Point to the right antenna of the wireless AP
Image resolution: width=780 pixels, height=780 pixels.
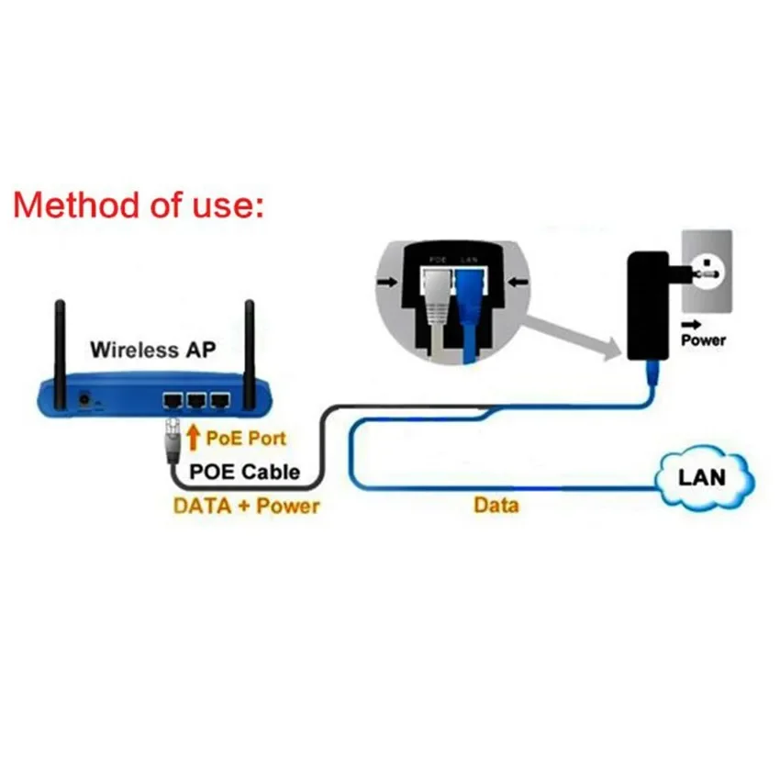point(248,349)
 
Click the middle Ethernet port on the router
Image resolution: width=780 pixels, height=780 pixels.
point(195,400)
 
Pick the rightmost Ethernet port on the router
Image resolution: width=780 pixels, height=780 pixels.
point(218,400)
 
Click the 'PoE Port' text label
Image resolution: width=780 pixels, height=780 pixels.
point(245,439)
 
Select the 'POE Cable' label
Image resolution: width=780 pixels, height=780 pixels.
point(244,472)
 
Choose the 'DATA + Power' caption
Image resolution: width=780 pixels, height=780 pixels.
point(246,505)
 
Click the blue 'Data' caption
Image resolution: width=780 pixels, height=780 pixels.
point(496,505)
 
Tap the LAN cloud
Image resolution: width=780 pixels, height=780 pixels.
point(702,477)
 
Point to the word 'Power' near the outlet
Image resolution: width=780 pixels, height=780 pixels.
point(703,340)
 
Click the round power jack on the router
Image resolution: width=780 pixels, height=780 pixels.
point(86,400)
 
